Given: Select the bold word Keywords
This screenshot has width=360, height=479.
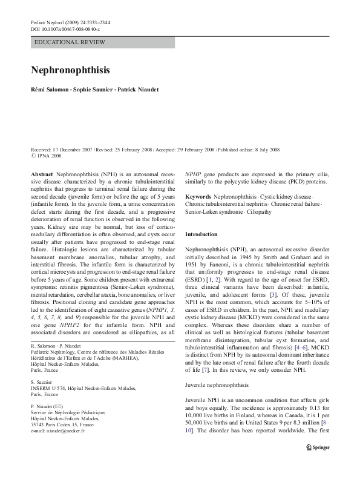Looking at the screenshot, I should [198, 197].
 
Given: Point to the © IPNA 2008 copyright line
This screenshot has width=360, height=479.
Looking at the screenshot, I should [46, 156].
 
